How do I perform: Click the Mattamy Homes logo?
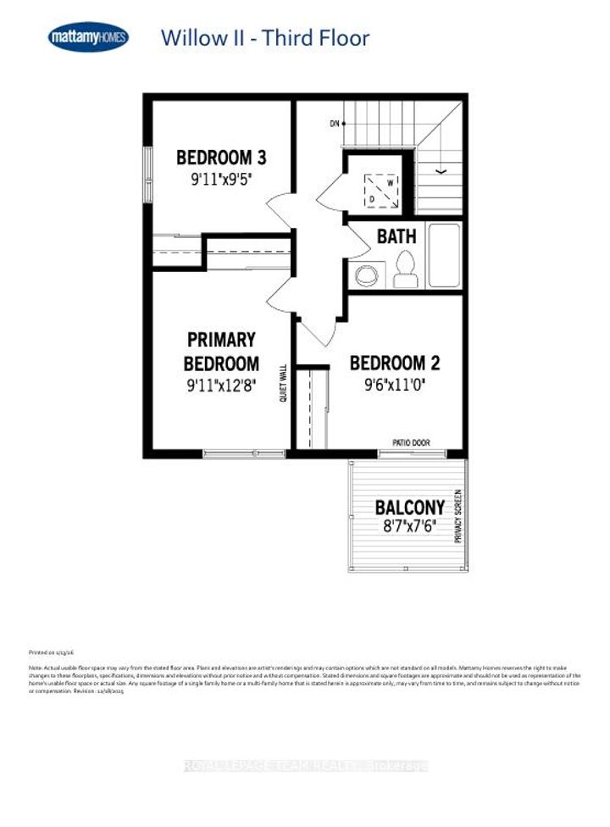point(88,37)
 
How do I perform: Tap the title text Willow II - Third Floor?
point(264,38)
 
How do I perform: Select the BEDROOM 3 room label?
point(221,158)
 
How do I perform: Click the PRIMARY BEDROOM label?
point(222,352)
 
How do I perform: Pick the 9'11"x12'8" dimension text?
point(220,384)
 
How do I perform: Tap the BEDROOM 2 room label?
point(395,364)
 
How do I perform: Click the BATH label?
point(396,236)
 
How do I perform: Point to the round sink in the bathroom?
point(366,275)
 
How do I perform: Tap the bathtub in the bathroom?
point(444,254)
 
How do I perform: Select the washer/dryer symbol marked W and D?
point(380,191)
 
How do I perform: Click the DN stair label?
point(335,124)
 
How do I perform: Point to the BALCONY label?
point(409,508)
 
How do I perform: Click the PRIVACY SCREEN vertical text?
point(458,515)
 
